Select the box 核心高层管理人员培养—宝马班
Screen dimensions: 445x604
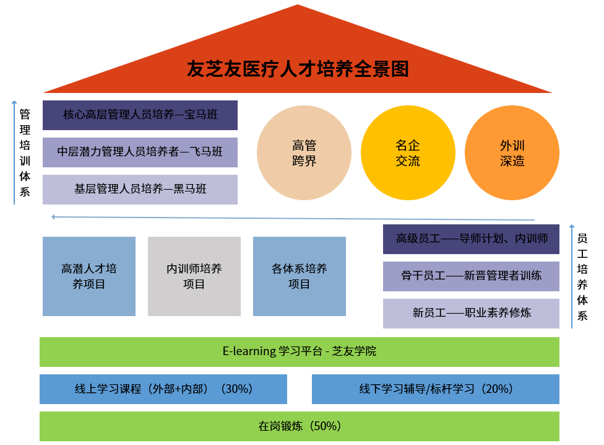tap(140, 115)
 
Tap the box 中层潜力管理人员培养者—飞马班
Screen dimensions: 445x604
tap(140, 152)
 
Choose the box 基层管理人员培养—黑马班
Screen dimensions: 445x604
tap(140, 189)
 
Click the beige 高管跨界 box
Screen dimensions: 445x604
tap(304, 152)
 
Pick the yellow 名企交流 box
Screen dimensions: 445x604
tap(408, 152)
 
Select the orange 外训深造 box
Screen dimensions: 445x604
tap(512, 152)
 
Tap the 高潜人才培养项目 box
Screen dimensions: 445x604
tap(89, 276)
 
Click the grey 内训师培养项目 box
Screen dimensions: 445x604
tap(194, 276)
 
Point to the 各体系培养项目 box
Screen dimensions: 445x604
tap(300, 276)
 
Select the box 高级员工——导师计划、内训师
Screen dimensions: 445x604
tap(472, 239)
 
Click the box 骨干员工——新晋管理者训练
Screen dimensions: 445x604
tap(472, 276)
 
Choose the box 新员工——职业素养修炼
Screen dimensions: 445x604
tap(472, 313)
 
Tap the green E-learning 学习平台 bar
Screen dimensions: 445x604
tap(300, 351)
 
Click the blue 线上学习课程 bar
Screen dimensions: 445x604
tap(163, 389)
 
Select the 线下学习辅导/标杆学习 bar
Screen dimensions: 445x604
tap(436, 389)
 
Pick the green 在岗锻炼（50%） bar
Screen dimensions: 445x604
tap(300, 426)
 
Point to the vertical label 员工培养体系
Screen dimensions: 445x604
tap(582, 276)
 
